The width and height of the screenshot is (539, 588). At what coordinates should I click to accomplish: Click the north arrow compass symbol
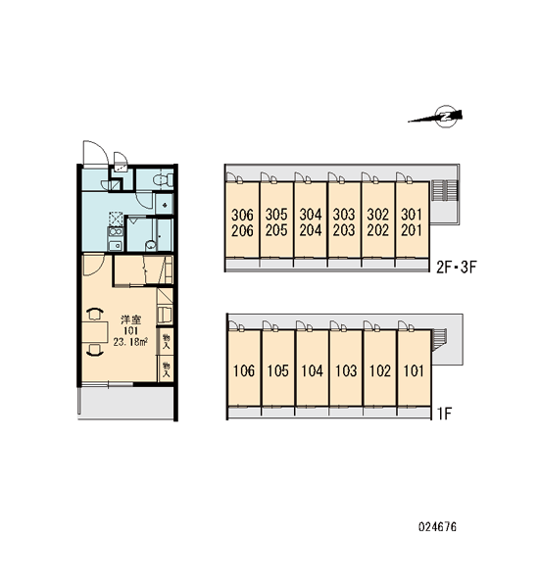point(446,117)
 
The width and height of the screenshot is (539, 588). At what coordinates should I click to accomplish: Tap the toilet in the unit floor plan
point(163,180)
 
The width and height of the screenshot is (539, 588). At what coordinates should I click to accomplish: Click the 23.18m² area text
point(130,342)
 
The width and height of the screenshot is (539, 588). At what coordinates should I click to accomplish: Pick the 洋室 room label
point(130,319)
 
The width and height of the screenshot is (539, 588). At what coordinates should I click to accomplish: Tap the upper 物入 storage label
point(166,341)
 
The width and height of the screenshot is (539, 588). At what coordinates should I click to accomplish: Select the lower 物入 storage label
point(166,369)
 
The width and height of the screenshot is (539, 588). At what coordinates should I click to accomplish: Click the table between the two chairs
point(95,332)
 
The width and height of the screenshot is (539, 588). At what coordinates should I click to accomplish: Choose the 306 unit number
point(242,215)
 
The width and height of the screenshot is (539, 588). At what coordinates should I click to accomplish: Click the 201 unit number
point(412,230)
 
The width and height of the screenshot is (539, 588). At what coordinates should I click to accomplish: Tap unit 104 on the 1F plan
point(312,370)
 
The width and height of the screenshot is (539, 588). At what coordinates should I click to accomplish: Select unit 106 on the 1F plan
point(244,370)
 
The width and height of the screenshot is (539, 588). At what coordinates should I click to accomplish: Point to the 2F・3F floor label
point(456,268)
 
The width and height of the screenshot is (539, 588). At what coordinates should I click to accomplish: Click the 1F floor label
point(444,414)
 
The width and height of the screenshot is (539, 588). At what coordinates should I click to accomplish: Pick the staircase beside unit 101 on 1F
point(439,340)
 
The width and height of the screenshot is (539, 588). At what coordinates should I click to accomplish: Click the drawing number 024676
point(437,527)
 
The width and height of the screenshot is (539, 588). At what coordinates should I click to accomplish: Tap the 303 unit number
point(344,215)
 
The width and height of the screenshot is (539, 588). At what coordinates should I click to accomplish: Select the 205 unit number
point(276,230)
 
